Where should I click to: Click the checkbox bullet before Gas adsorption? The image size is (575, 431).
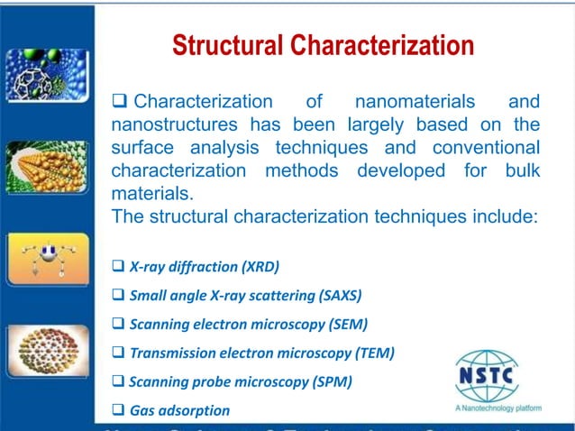point(118,410)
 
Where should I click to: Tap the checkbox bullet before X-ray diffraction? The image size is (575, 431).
point(118,267)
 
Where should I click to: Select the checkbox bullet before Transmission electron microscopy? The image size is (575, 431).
point(118,353)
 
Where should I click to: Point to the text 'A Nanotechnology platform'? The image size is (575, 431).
point(498,408)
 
